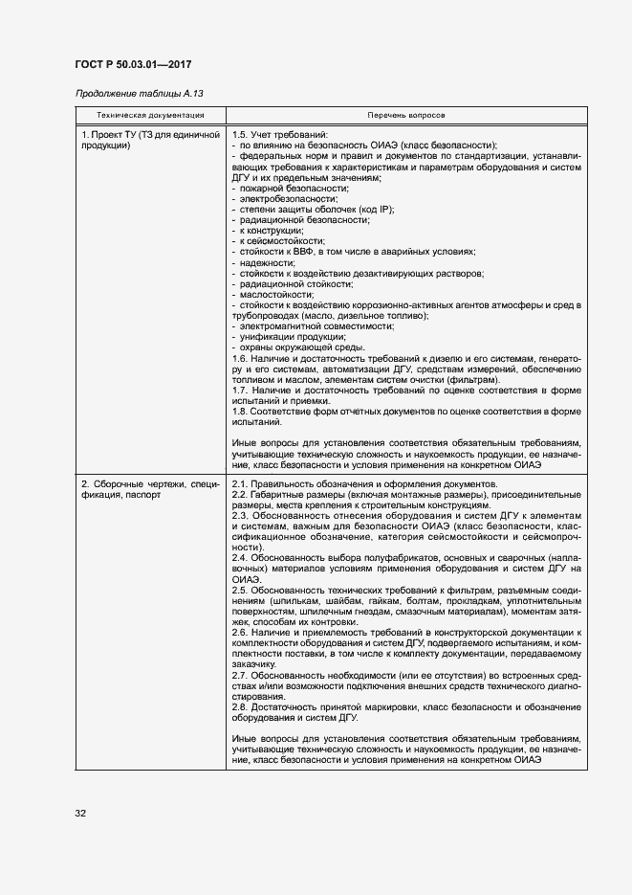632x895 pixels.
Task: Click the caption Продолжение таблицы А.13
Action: [139, 94]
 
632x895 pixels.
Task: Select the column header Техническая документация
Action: [149, 114]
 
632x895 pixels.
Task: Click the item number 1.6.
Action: [240, 358]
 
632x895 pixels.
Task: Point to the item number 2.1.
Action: [240, 484]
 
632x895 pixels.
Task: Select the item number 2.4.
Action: [240, 557]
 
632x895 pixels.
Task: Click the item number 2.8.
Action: [240, 705]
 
